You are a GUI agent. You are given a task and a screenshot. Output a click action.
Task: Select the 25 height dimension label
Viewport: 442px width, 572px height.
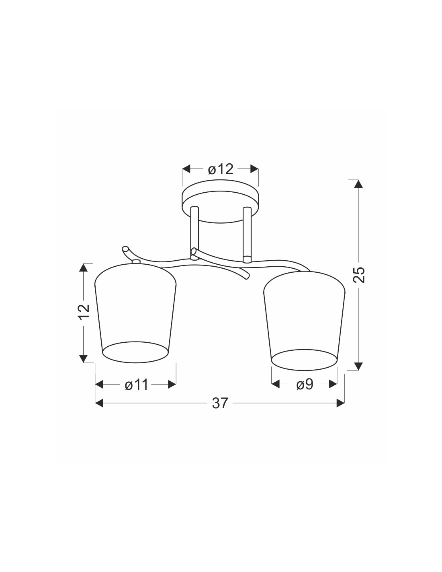coord(359,275)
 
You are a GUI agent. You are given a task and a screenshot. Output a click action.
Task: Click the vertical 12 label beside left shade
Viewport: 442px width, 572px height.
coord(84,312)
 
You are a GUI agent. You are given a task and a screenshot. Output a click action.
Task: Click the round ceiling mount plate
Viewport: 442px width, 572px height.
coord(220,202)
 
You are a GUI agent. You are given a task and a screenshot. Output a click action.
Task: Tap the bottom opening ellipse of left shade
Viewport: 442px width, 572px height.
coord(135,352)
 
